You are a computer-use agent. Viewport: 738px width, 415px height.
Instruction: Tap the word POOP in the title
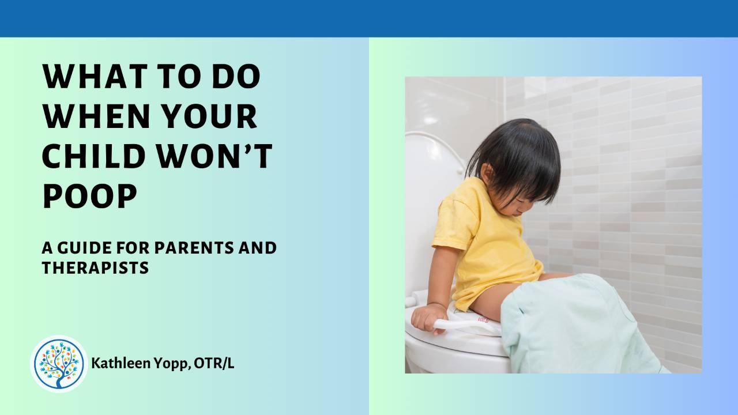pos(89,197)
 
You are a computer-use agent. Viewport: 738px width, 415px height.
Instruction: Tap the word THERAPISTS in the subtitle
pos(95,268)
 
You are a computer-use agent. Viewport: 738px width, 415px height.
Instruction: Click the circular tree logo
pos(59,364)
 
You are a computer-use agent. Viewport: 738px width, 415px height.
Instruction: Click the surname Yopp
pos(165,364)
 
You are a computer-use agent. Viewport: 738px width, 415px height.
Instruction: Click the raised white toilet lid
pos(430,202)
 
